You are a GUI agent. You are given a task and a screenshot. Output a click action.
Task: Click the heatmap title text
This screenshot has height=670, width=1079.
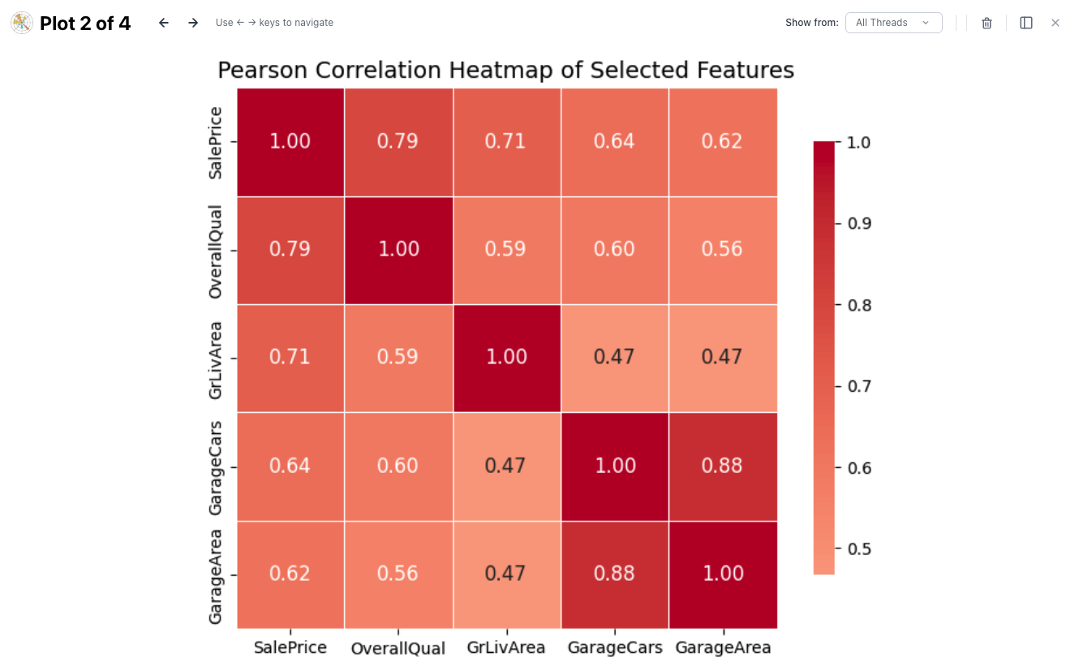[x=505, y=71]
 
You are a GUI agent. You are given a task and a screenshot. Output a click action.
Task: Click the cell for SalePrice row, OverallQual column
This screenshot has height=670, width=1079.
[x=398, y=142]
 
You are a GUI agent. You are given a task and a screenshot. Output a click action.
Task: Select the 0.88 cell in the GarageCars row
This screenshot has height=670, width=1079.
[x=723, y=466]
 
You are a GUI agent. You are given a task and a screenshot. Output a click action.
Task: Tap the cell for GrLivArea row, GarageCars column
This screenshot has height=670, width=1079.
[x=614, y=358]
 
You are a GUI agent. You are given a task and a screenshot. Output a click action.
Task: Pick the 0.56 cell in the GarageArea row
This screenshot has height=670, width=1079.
[x=398, y=574]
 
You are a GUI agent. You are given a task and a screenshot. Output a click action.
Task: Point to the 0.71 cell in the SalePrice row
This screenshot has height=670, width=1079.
[x=506, y=142]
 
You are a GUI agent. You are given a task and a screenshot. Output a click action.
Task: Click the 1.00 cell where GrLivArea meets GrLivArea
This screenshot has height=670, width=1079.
[x=506, y=358]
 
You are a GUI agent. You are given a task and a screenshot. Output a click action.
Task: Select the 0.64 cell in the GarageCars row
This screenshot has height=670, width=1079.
[x=290, y=466]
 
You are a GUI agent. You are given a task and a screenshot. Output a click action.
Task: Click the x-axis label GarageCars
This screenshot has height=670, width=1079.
[x=614, y=648]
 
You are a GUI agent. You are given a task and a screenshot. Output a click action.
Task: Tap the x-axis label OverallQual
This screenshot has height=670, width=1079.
[x=398, y=649]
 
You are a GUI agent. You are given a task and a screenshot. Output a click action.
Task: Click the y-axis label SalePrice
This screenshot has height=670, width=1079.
[x=216, y=143]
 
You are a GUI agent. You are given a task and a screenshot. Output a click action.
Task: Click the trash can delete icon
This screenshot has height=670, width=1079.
[x=987, y=23]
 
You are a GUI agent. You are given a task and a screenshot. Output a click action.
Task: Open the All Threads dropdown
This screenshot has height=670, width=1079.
[x=893, y=23]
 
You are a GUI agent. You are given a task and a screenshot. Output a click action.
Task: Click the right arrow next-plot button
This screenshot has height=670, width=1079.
[x=193, y=23]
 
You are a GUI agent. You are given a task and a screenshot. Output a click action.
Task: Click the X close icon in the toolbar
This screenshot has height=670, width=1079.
[x=1055, y=23]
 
